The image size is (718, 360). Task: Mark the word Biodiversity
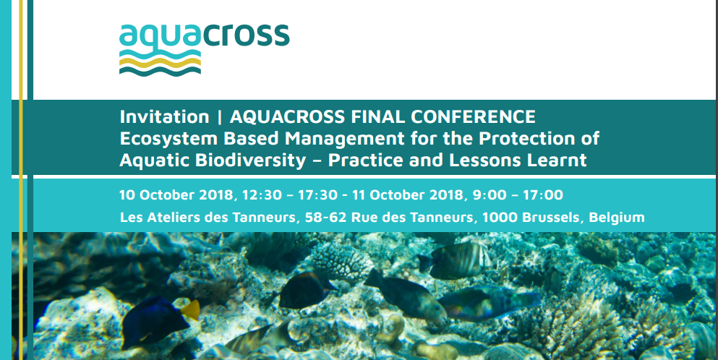click(x=246, y=160)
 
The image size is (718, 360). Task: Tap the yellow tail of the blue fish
click(x=189, y=310)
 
